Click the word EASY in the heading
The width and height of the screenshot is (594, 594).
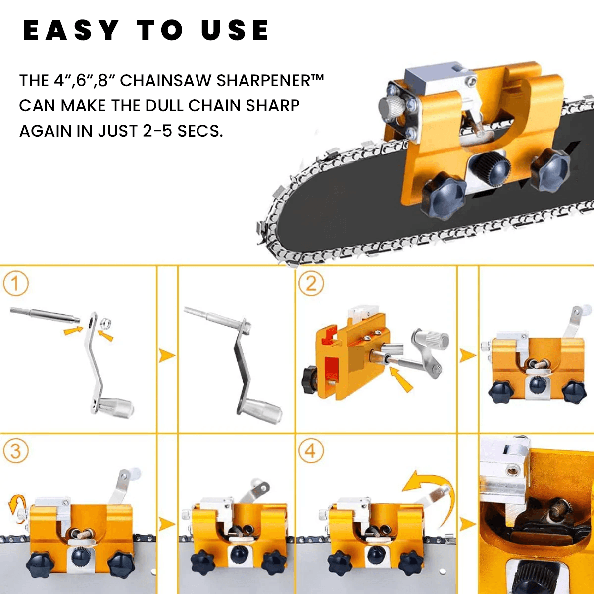click(x=71, y=31)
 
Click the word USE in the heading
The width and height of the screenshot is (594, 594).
click(x=235, y=31)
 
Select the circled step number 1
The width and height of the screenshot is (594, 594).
click(x=16, y=284)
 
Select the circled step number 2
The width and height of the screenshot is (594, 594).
click(x=311, y=284)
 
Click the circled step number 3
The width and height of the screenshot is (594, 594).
click(x=16, y=451)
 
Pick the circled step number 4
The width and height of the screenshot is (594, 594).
click(x=311, y=451)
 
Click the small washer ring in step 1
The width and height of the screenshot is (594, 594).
click(x=106, y=325)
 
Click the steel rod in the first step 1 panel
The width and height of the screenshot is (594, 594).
click(x=45, y=314)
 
